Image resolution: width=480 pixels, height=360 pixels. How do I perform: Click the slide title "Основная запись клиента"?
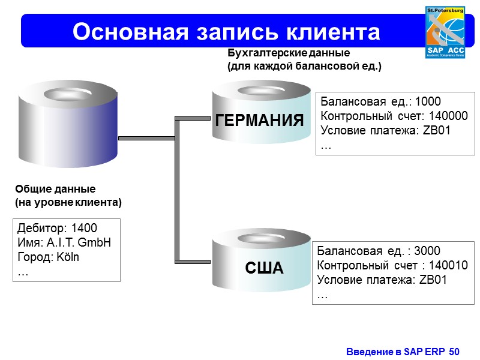coord(226,31)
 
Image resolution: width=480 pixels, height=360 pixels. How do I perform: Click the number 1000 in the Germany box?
coord(428,101)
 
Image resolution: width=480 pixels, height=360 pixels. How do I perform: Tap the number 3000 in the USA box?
coord(427,251)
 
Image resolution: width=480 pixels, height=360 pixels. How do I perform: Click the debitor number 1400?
coord(84,228)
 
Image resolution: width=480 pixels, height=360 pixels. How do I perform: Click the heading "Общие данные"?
coord(55,188)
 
